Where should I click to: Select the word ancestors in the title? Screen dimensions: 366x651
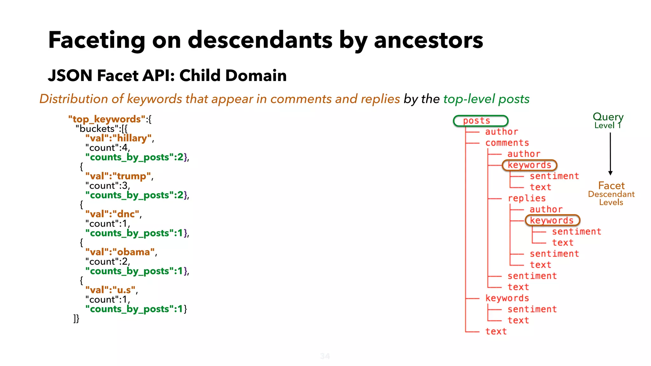pos(428,41)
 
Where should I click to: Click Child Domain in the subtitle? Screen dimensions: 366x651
pos(233,76)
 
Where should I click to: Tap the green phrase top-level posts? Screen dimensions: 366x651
pos(486,99)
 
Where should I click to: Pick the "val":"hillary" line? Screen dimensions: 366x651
pos(119,138)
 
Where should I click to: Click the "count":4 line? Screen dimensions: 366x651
pos(107,148)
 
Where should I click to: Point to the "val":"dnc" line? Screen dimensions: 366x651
pos(113,214)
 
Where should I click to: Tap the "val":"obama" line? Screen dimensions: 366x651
pos(121,252)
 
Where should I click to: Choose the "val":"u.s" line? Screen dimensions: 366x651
pos(111,290)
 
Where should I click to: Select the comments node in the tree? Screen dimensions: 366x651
pos(507,143)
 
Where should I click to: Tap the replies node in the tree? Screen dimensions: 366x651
pos(526,198)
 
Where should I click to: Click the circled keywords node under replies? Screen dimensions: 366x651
pos(552,220)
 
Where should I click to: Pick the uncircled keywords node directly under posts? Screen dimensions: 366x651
pos(507,298)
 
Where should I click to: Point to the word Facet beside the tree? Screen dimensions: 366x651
pos(611,186)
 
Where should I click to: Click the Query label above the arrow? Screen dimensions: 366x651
pos(608,117)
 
